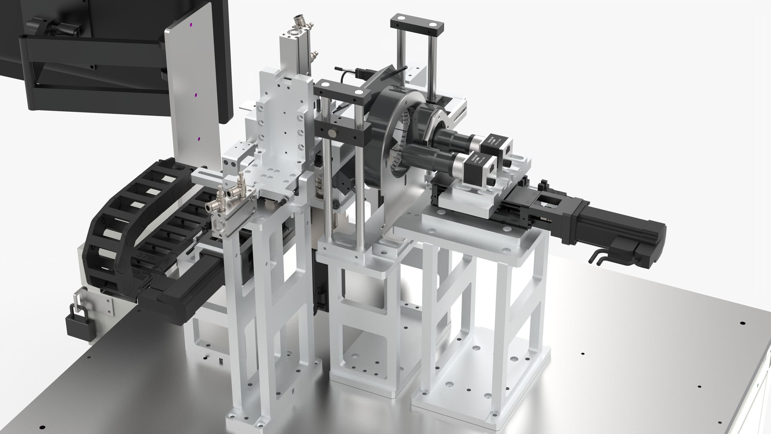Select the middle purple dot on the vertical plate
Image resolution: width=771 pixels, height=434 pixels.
coord(196,96)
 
